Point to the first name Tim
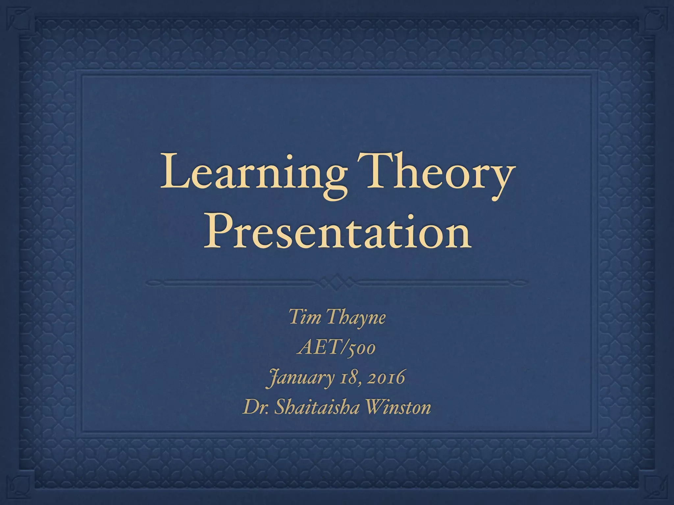[303, 318]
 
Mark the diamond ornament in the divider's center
[337, 282]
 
